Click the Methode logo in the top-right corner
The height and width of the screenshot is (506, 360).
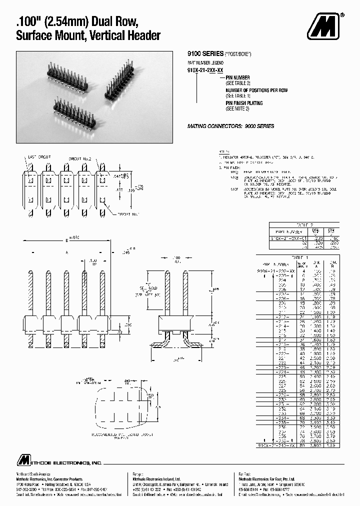[x=326, y=25]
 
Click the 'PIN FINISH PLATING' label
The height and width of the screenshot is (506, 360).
[x=244, y=103]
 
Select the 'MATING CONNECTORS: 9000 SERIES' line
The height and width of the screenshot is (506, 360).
[x=230, y=126]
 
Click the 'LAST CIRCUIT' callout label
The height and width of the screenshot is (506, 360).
[x=40, y=156]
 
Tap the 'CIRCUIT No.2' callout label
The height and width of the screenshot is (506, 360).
[x=80, y=158]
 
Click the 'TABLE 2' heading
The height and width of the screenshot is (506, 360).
[x=304, y=225]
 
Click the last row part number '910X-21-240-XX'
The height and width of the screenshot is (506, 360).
[x=276, y=444]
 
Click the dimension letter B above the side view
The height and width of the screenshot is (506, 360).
[x=66, y=240]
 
